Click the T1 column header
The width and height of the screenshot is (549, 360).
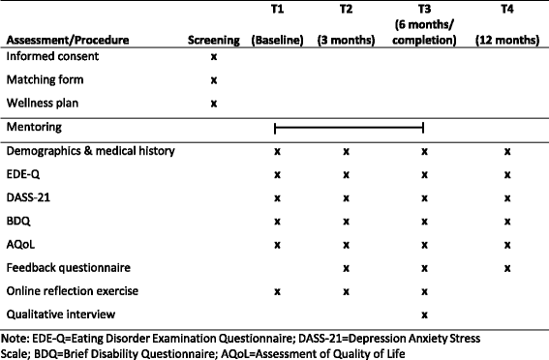tap(277, 9)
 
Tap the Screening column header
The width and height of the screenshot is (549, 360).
tap(213, 42)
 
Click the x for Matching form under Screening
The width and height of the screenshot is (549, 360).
tap(213, 81)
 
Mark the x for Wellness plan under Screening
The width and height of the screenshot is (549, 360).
tap(213, 103)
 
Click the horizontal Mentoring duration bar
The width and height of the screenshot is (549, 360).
tap(350, 128)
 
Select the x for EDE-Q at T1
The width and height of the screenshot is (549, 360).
tap(277, 174)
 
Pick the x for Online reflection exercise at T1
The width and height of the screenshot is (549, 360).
tap(277, 290)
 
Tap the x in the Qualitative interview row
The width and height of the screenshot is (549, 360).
tap(424, 314)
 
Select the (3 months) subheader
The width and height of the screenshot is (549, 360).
tap(346, 42)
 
